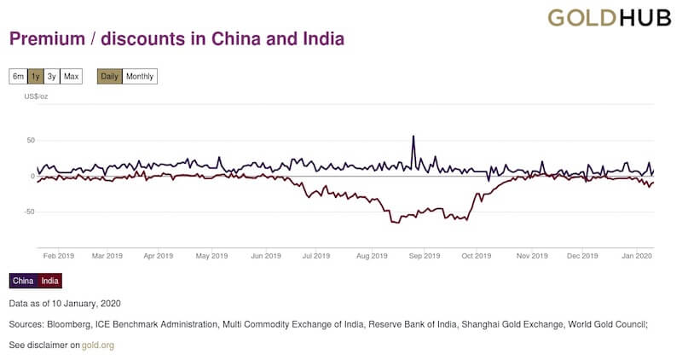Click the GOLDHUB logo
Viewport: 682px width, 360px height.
pos(609,18)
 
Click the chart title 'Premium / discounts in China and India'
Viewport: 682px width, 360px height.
pos(176,39)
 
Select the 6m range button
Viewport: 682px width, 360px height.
pos(18,77)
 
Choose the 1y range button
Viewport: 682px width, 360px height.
pos(35,77)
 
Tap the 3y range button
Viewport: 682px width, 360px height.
pos(52,77)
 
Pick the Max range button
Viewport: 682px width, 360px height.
pos(71,77)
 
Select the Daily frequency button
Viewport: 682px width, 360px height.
pos(110,77)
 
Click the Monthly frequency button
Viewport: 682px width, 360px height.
pos(140,77)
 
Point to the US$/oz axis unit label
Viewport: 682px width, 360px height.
pos(36,98)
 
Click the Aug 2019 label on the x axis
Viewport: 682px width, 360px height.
pos(371,255)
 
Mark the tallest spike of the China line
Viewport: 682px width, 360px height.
pos(413,136)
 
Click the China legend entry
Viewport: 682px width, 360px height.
pos(23,281)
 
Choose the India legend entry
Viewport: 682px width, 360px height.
pos(50,281)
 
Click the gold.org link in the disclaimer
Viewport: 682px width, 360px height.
pos(97,345)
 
